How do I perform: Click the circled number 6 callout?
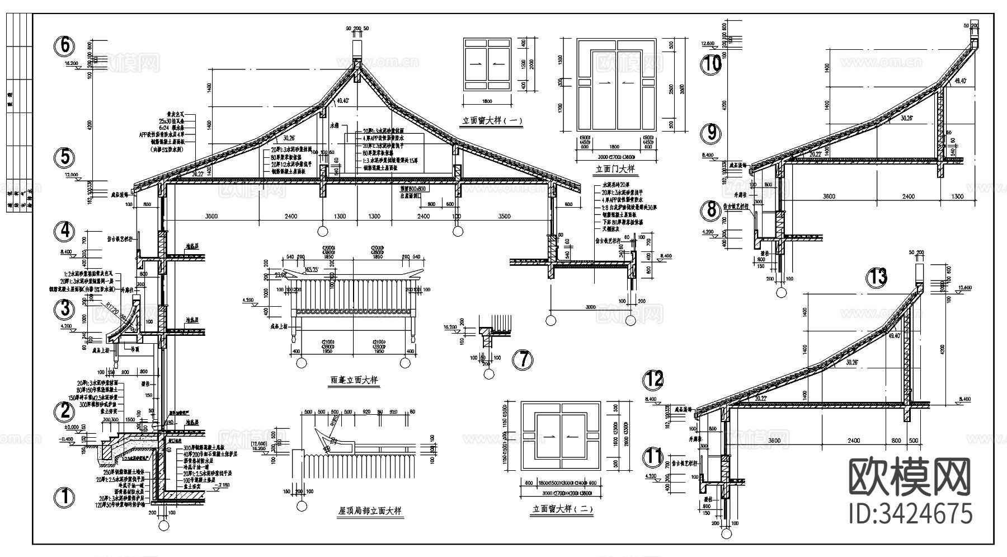click(x=65, y=45)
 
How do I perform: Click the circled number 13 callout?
click(x=877, y=277)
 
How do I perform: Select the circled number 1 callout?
click(x=64, y=497)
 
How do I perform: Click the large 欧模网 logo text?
click(x=910, y=477)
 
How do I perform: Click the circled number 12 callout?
click(x=653, y=379)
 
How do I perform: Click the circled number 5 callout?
click(x=65, y=157)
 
